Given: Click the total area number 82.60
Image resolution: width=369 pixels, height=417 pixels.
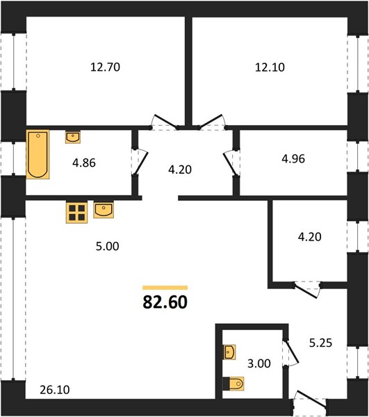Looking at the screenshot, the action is [x=165, y=302].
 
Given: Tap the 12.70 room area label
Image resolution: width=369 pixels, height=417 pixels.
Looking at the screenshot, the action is [x=105, y=67].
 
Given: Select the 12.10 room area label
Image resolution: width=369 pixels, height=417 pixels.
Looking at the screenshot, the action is [x=270, y=67].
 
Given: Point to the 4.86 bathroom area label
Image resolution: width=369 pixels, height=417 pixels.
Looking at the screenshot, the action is [x=84, y=163].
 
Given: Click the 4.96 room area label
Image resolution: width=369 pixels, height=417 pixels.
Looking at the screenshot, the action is [x=293, y=158].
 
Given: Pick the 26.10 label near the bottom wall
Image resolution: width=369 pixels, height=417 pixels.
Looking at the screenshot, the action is [x=55, y=390].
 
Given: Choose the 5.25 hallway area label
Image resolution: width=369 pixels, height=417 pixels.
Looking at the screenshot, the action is [x=320, y=343].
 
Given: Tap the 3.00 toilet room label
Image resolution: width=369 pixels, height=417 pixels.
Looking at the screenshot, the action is [x=259, y=363].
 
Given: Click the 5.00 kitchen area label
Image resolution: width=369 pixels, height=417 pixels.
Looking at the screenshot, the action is [x=108, y=246].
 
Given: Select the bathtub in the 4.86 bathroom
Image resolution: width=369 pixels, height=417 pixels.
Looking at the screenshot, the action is [x=38, y=154].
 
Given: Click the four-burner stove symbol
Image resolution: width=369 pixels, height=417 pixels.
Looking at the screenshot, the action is [x=76, y=213].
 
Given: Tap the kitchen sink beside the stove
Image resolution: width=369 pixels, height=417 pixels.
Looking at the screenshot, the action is [x=104, y=210].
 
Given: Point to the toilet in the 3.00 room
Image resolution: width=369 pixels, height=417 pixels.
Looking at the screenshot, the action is [x=233, y=384].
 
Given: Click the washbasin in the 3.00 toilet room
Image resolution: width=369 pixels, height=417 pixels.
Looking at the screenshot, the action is [x=229, y=352].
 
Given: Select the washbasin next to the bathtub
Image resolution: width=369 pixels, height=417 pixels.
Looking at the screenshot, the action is [x=73, y=137].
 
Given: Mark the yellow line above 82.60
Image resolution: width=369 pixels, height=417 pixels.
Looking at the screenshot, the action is [x=165, y=288].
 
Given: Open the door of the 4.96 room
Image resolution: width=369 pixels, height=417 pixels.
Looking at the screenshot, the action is [x=231, y=163].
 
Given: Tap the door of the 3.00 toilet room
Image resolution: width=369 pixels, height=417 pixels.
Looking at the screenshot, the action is [x=291, y=353].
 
